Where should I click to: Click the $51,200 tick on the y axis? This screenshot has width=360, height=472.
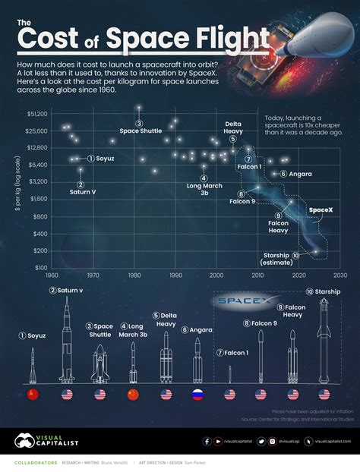37,113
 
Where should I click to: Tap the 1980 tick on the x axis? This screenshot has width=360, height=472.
134,275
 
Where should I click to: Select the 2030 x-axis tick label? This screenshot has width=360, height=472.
339,275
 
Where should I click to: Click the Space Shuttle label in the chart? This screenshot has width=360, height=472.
140,131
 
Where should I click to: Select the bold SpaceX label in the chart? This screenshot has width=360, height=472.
321,209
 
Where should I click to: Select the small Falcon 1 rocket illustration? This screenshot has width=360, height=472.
230,373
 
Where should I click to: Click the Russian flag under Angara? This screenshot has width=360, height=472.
197,395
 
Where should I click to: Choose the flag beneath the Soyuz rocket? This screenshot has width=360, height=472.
32,395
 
